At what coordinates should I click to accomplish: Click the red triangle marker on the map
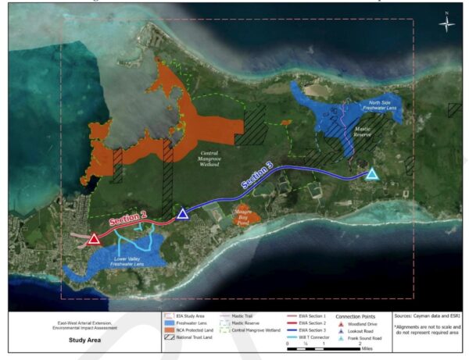[x=94, y=239]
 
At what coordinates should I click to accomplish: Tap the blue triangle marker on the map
[x=182, y=214]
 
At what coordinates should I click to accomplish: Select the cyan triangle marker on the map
[x=372, y=173]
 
